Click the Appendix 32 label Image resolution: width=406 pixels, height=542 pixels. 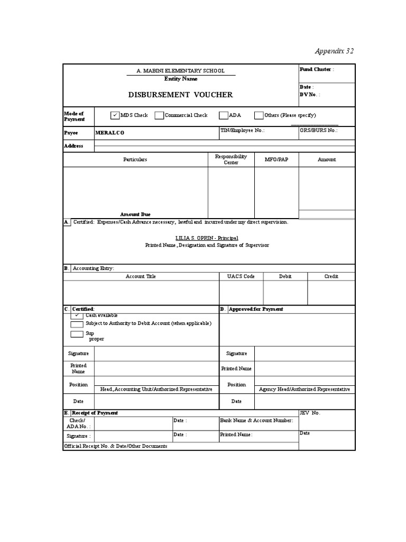point(334,51)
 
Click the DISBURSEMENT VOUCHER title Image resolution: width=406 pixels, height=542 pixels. point(180,95)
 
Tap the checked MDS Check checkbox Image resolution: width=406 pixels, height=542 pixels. point(115,115)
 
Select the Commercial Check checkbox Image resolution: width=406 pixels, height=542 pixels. point(159,115)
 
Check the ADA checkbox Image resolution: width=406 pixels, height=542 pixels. point(224,115)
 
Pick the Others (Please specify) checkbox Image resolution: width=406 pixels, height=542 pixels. point(259,115)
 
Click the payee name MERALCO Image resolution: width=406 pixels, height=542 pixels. point(109,133)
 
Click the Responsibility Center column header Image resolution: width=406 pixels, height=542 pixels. point(231,159)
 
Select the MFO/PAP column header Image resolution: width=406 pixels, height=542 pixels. point(276,159)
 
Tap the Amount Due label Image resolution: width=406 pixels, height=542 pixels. point(135,214)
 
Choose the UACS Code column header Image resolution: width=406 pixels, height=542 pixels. point(241,276)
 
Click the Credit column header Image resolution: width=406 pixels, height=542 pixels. point(331,276)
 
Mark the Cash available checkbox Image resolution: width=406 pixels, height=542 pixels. point(77,315)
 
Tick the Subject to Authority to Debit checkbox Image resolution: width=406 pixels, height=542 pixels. point(77,323)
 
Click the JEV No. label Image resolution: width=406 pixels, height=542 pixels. point(310,413)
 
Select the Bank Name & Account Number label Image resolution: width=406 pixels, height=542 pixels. point(256,420)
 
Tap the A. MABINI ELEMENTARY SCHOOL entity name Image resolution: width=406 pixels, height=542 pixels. point(180,71)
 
